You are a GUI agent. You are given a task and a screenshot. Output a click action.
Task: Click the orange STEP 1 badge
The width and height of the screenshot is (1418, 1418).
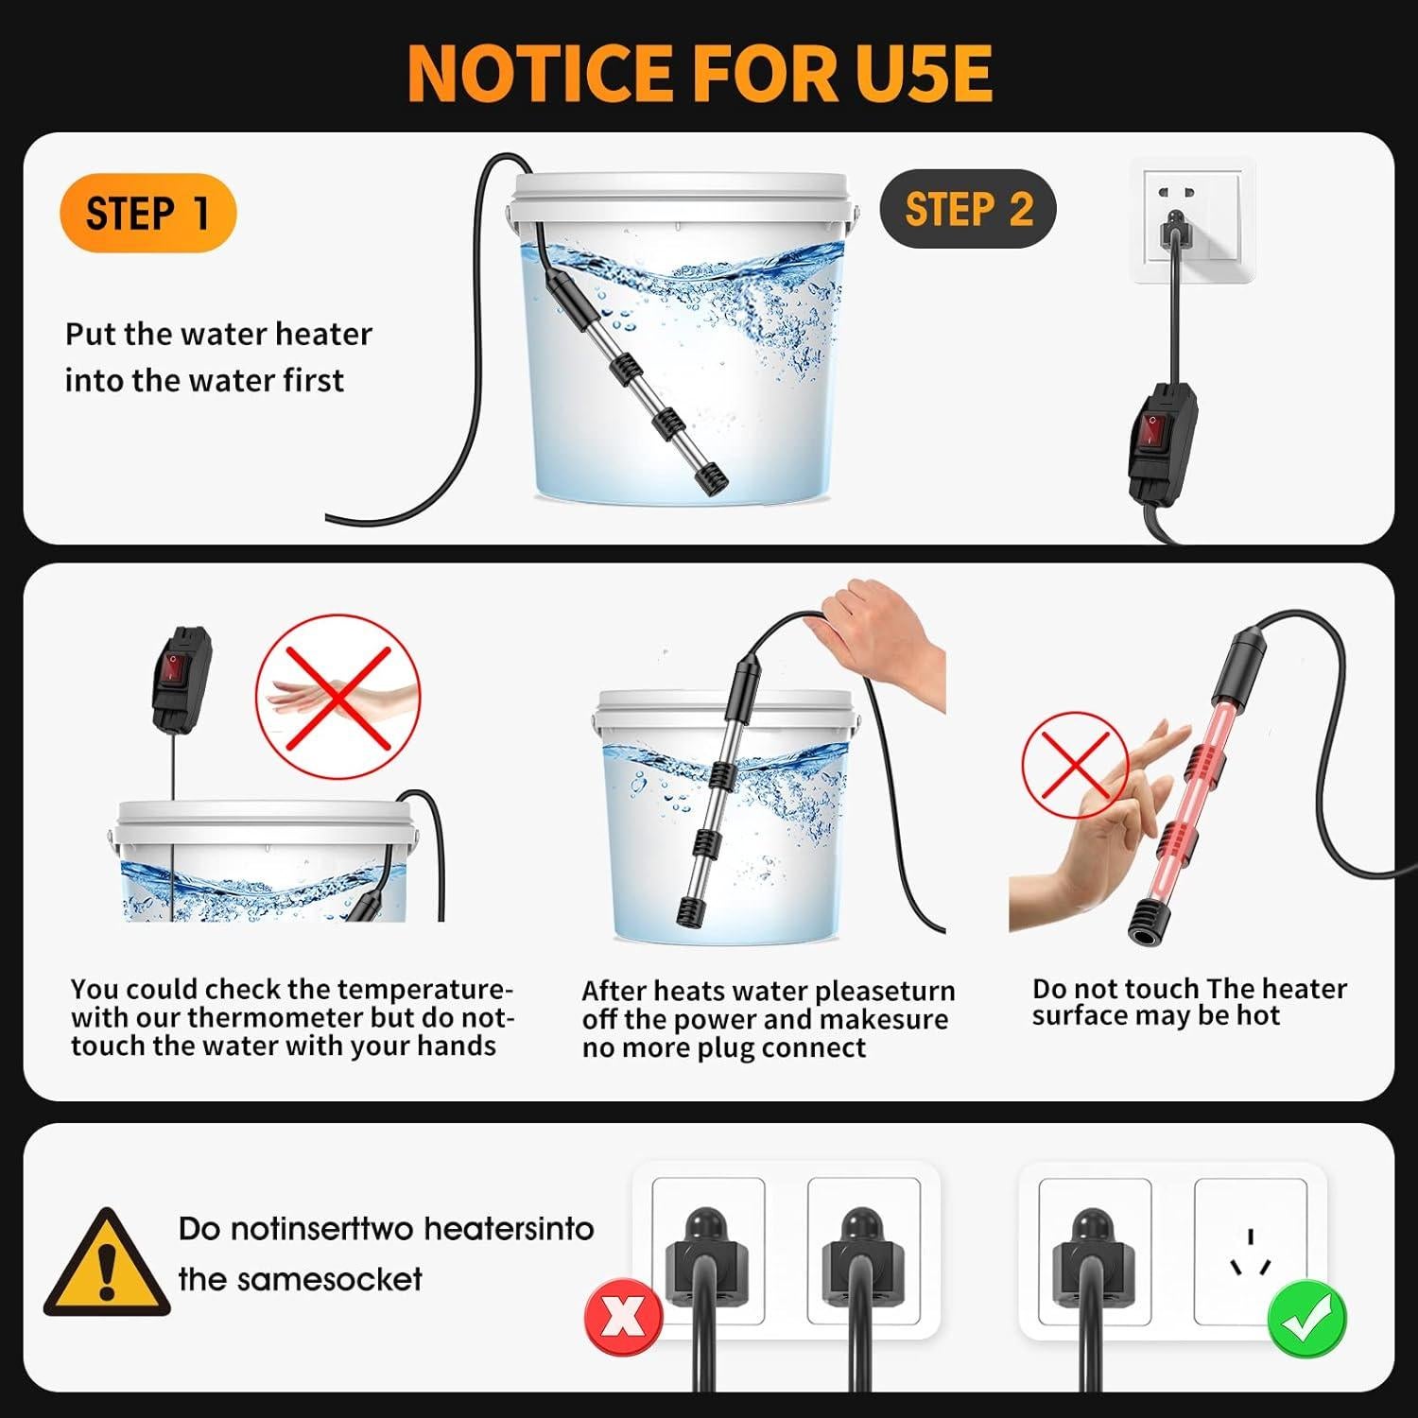coord(147,213)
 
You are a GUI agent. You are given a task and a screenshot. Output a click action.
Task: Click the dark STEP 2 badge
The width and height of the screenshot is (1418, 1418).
coord(967,209)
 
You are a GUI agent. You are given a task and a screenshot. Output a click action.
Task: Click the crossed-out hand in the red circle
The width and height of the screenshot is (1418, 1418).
coord(338,698)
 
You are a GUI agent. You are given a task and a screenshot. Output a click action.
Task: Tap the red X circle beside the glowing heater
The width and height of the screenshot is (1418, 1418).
coord(1076,766)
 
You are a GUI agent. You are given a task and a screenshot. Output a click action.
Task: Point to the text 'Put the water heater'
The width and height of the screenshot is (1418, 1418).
coord(218,334)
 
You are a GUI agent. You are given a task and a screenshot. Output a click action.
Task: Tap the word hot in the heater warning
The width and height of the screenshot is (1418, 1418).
coord(1258,1016)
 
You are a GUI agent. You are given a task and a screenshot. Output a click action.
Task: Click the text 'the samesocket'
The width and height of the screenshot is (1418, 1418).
coord(300,1279)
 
